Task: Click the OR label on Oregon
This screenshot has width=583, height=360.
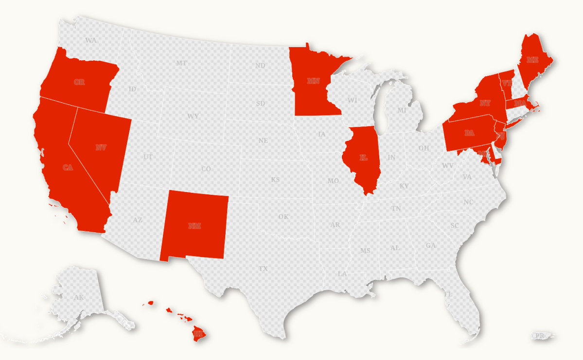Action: (x=79, y=82)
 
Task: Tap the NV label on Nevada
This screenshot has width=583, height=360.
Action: (x=101, y=147)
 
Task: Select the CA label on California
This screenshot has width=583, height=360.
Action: (x=68, y=168)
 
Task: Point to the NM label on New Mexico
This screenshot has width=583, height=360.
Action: (x=194, y=225)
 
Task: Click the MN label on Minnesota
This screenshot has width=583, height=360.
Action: (x=313, y=81)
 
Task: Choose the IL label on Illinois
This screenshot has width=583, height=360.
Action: (x=363, y=157)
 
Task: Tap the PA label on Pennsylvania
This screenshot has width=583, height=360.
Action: (x=469, y=133)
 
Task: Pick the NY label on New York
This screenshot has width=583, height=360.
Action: (x=485, y=103)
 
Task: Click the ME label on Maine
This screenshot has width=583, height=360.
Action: (x=533, y=60)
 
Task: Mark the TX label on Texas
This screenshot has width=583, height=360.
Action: (x=263, y=268)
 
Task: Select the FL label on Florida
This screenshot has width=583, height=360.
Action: (x=448, y=294)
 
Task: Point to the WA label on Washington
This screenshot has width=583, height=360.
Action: (x=91, y=40)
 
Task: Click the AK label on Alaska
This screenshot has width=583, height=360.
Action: (x=79, y=297)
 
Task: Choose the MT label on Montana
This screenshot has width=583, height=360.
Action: (x=181, y=63)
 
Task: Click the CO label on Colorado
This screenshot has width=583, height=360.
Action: (x=206, y=169)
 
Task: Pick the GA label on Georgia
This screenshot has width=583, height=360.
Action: (x=431, y=245)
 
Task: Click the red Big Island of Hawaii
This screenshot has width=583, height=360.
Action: (x=198, y=333)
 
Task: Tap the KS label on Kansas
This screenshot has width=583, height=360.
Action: (x=275, y=180)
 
